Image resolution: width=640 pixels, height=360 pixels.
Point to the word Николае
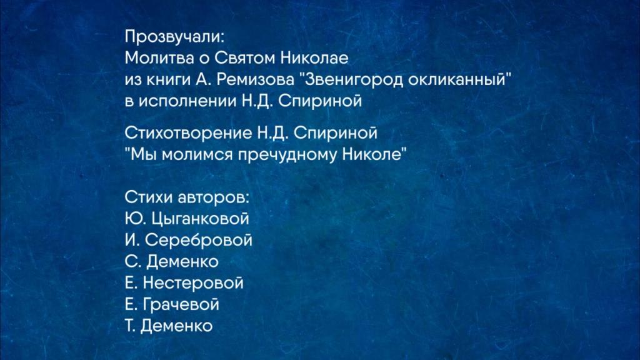click(314, 58)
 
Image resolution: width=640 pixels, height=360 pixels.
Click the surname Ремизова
click(255, 79)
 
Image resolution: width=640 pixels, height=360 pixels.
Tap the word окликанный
click(456, 79)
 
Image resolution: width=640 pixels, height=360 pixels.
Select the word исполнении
click(187, 101)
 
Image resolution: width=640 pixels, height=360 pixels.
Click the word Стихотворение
click(188, 133)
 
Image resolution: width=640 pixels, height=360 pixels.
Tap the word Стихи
click(149, 197)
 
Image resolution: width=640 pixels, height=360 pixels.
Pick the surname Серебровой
click(198, 240)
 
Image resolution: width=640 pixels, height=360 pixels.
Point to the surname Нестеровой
click(192, 283)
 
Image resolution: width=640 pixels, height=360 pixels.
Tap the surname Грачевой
click(181, 304)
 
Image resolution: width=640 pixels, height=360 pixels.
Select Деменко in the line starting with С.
click(182, 262)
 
